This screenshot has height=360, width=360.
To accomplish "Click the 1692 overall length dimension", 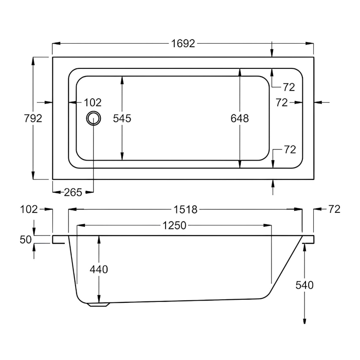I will (183, 43).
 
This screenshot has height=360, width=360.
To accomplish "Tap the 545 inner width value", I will (122, 118).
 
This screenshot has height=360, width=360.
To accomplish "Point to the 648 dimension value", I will (239, 118).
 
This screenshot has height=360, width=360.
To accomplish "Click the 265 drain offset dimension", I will (73, 193).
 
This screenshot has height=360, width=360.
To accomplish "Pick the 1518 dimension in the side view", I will (185, 209).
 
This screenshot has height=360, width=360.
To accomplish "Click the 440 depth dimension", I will (99, 270).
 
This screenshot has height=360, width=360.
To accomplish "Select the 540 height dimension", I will (305, 285).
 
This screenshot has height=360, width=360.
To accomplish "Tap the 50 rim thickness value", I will (26, 239).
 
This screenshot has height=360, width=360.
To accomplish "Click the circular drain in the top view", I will (94, 118).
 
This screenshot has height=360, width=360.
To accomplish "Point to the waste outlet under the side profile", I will (99, 305).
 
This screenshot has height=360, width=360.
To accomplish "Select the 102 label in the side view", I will (29, 209).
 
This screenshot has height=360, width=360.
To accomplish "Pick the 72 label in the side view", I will (334, 209).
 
